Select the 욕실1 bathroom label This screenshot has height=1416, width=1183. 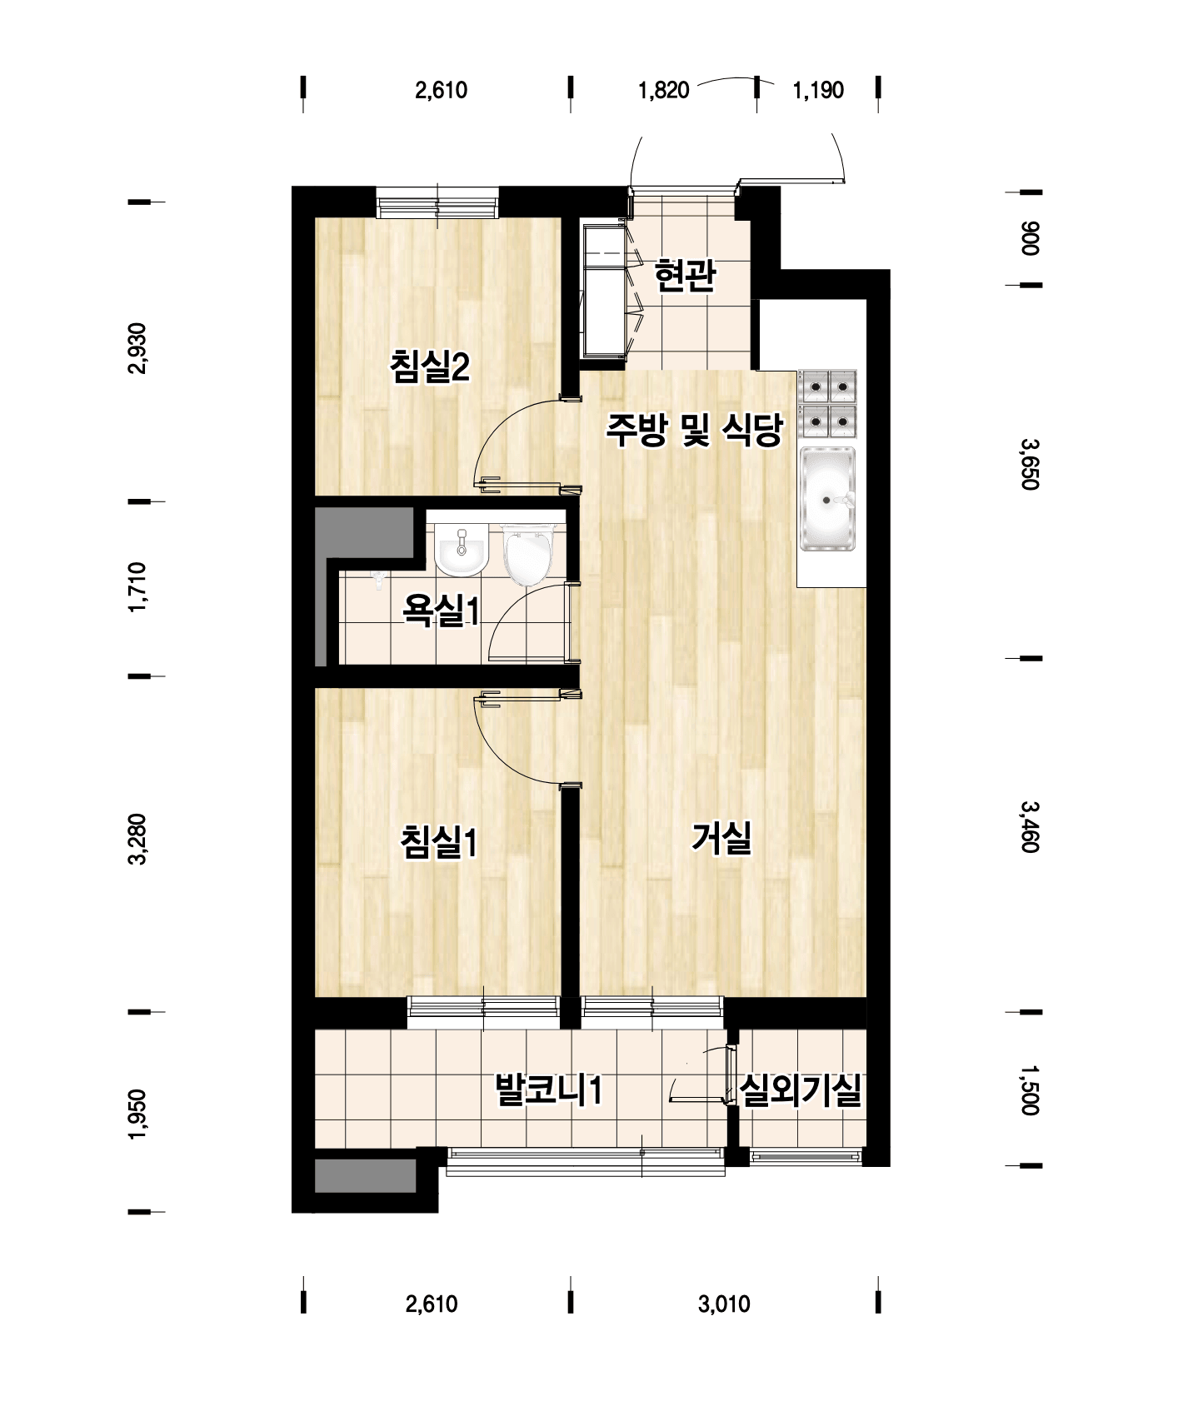[441, 611]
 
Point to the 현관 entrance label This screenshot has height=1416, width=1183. [685, 275]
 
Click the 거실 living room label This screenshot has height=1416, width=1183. [721, 837]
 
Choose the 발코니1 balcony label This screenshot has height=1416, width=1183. [548, 1089]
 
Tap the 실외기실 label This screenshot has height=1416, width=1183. [801, 1089]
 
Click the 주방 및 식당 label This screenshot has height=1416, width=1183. [694, 430]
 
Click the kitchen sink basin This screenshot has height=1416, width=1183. [828, 499]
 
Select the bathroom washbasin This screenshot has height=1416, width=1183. [461, 551]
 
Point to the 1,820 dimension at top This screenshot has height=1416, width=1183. [664, 90]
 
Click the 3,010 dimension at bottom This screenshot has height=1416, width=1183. [724, 1304]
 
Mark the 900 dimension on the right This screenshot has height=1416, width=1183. [1030, 238]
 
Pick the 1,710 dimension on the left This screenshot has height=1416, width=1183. [137, 588]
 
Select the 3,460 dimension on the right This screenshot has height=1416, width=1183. [1030, 826]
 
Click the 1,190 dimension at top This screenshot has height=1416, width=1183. [818, 90]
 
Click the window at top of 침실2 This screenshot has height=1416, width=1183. [437, 203]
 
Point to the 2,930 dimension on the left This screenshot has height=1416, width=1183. [137, 348]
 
